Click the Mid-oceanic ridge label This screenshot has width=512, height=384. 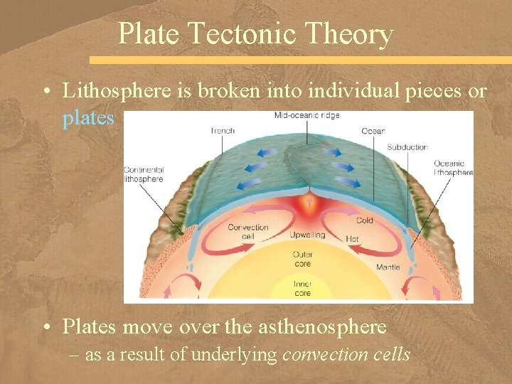click(306, 115)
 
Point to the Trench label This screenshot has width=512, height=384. click(222, 130)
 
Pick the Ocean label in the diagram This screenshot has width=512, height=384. click(373, 131)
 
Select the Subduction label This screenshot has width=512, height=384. click(407, 147)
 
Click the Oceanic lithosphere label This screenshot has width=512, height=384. click(453, 168)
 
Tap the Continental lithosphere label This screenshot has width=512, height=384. click(144, 174)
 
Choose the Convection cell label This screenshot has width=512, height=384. click(248, 232)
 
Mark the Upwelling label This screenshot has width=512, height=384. click(307, 235)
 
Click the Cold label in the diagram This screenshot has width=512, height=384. click(365, 220)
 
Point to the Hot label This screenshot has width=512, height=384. click(352, 238)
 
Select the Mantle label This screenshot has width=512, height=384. click(388, 267)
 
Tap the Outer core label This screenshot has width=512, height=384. click(302, 258)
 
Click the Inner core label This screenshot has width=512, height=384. click(302, 288)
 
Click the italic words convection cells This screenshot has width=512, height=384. click(346, 355)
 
